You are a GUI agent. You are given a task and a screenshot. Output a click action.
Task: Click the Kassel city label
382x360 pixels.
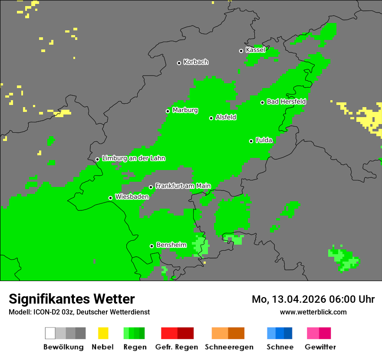255,50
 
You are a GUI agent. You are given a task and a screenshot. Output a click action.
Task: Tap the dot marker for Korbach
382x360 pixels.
179,63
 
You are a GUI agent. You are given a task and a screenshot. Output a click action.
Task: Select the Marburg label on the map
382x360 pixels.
185,110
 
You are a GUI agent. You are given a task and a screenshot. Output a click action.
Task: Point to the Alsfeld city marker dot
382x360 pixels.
211,118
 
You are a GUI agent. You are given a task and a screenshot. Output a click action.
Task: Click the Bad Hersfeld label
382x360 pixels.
286,101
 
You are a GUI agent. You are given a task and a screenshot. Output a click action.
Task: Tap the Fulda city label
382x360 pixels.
264,140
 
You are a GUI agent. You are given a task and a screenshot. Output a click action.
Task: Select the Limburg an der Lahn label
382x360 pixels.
133,158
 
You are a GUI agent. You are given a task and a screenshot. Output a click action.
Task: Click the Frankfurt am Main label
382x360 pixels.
183,186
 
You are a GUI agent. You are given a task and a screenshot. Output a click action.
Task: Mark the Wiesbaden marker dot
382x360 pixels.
110,198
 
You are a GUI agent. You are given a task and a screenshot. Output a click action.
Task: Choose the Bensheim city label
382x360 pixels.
171,245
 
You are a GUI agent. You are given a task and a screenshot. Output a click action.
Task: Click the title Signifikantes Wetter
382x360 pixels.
72,299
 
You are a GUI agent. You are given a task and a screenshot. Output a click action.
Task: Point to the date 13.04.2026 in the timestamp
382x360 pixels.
300,299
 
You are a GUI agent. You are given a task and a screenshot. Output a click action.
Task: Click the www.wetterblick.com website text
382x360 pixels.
313,312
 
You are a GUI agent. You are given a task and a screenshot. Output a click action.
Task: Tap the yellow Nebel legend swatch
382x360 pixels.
103,333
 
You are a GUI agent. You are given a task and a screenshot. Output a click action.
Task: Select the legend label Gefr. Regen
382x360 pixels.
177,347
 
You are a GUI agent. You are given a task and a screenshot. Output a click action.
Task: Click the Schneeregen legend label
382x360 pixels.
229,347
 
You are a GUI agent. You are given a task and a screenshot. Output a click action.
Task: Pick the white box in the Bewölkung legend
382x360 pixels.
50,333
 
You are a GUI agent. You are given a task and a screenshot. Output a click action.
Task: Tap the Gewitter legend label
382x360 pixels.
320,347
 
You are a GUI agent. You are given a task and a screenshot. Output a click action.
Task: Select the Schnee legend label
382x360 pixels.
280,347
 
